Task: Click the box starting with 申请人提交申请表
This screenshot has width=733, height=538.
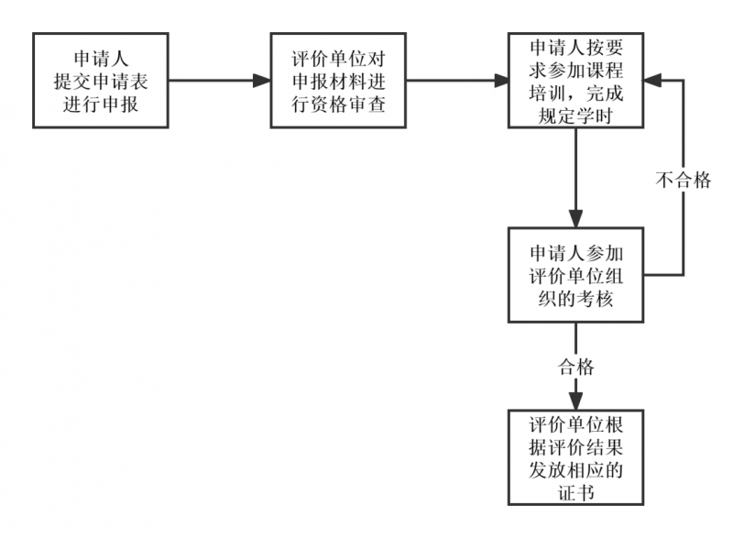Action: pyautogui.click(x=101, y=81)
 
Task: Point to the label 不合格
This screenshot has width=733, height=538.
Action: pyautogui.click(x=683, y=180)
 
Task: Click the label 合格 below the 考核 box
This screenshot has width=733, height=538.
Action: pyautogui.click(x=576, y=368)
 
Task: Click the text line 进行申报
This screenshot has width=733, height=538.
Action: pyautogui.click(x=101, y=104)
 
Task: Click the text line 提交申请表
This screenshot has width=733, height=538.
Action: pyautogui.click(x=101, y=81)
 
